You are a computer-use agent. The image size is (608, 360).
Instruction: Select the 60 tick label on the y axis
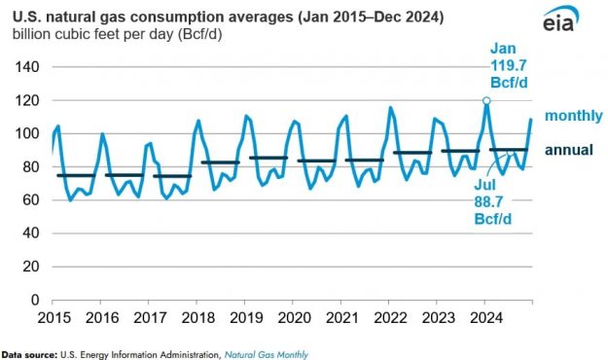27,199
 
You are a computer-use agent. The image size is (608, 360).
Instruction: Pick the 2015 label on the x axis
53,318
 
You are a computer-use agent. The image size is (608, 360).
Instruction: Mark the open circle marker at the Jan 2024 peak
486,100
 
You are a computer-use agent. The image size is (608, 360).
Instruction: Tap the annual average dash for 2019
267,158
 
